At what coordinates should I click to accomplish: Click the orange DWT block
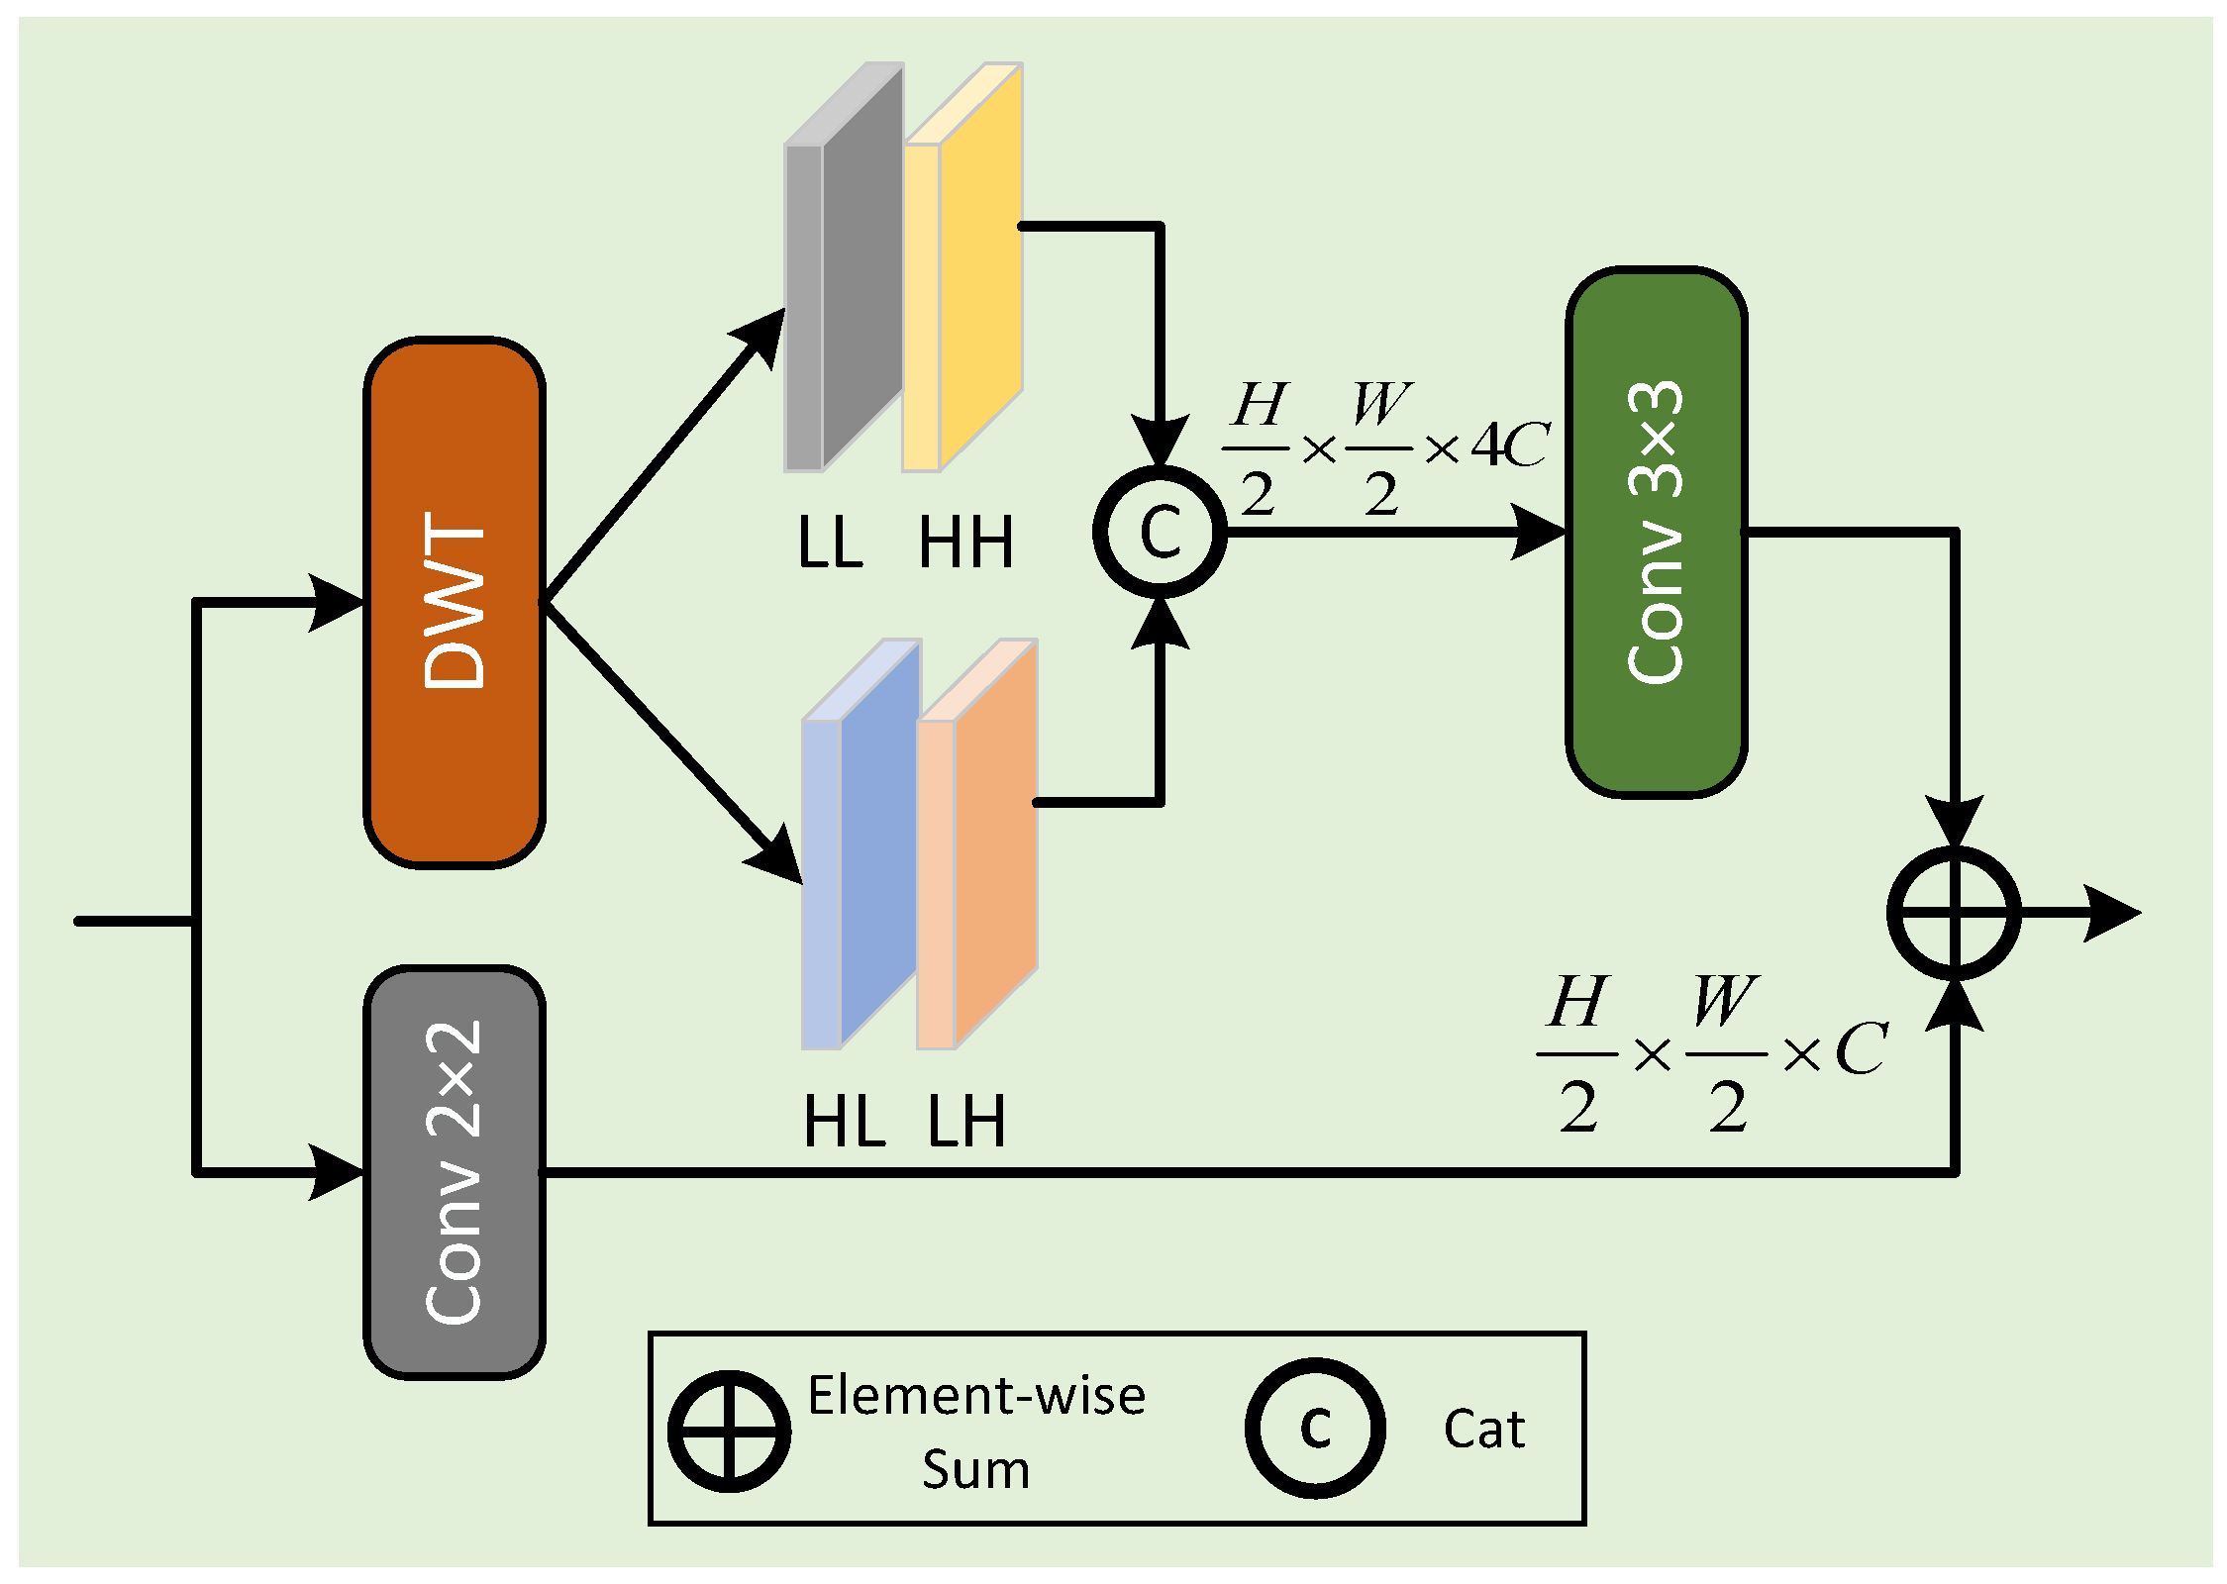pyautogui.click(x=455, y=602)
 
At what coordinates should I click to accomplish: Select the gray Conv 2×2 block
pyautogui.click(x=455, y=1171)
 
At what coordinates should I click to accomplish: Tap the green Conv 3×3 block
pyautogui.click(x=1655, y=532)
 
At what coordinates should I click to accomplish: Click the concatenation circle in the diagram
pyautogui.click(x=1160, y=532)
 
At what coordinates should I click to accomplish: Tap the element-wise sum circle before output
pyautogui.click(x=1953, y=913)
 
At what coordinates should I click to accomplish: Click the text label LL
pyautogui.click(x=830, y=543)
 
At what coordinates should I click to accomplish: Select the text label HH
pyautogui.click(x=965, y=543)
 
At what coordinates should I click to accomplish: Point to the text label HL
pyautogui.click(x=844, y=1122)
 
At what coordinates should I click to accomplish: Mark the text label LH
pyautogui.click(x=966, y=1122)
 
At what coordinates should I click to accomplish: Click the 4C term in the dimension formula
pyautogui.click(x=1509, y=445)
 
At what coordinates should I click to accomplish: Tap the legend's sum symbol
pyautogui.click(x=729, y=1431)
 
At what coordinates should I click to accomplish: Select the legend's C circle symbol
pyautogui.click(x=1314, y=1428)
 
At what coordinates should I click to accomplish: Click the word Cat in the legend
pyautogui.click(x=1483, y=1430)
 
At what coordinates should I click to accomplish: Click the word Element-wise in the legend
pyautogui.click(x=975, y=1396)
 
